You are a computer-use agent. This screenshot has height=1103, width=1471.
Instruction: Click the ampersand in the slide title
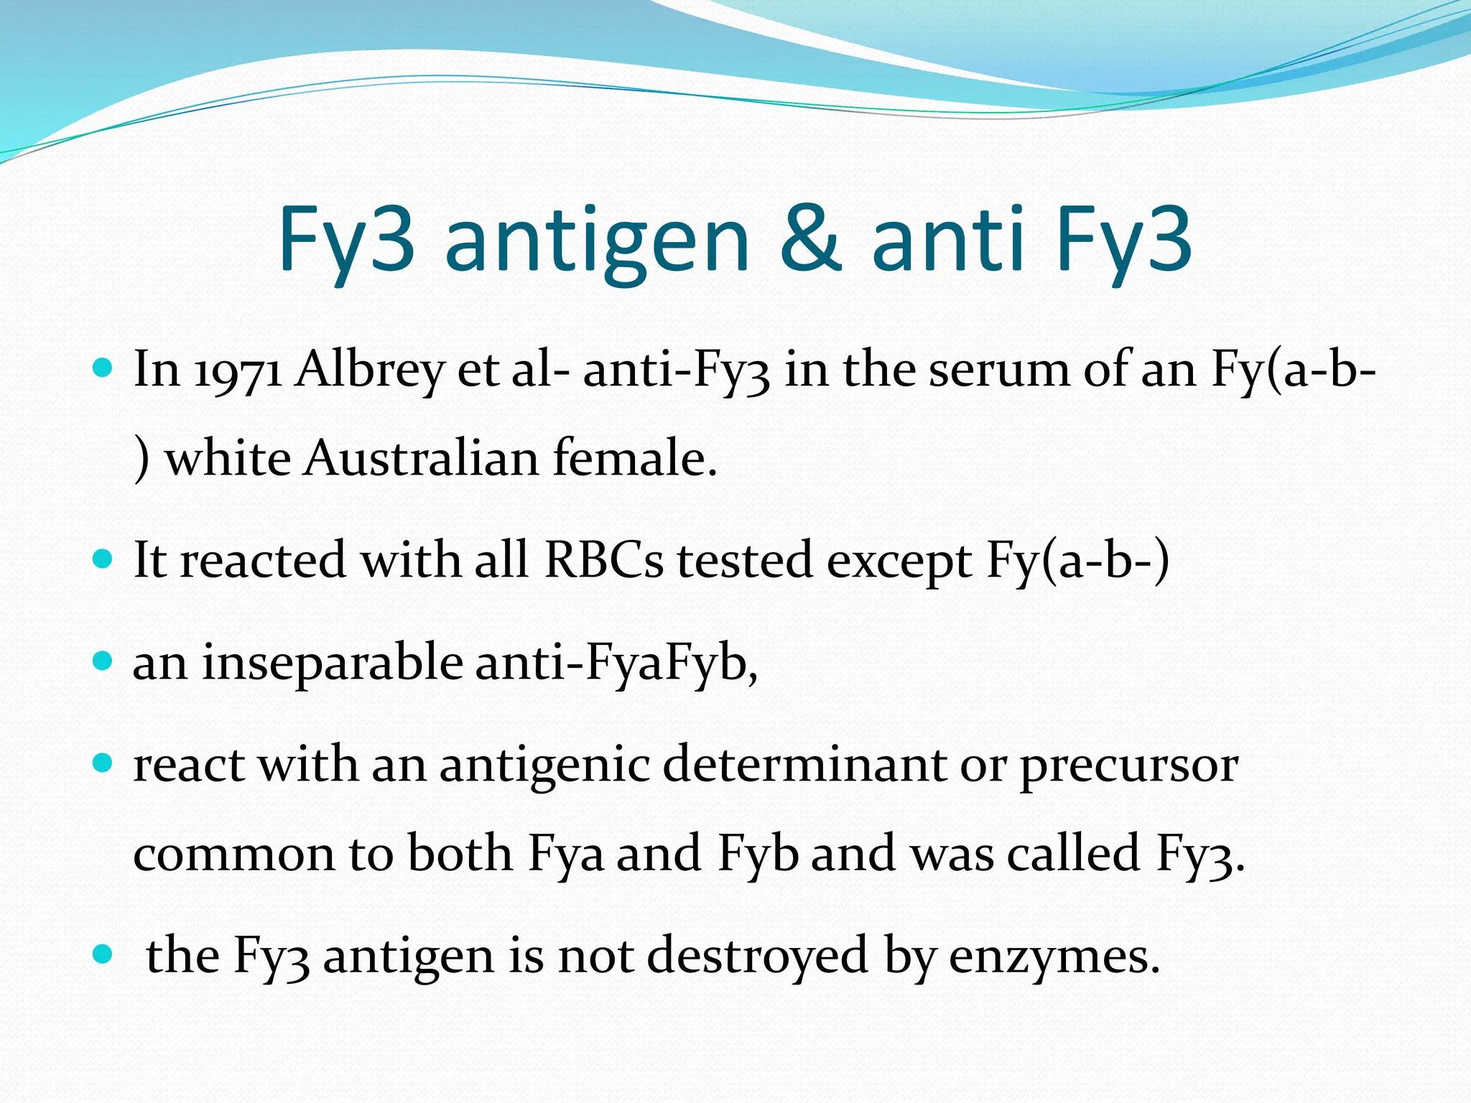point(809,238)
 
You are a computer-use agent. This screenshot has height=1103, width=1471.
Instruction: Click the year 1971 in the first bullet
point(238,371)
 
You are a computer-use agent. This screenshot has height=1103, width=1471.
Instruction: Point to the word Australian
point(420,459)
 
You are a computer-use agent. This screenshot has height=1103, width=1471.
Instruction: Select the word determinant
point(804,765)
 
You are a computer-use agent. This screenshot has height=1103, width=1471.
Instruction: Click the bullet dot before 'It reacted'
point(103,559)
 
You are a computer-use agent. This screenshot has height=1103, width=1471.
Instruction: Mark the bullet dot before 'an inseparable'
point(103,661)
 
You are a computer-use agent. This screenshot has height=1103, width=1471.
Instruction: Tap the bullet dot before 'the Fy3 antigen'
point(103,954)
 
